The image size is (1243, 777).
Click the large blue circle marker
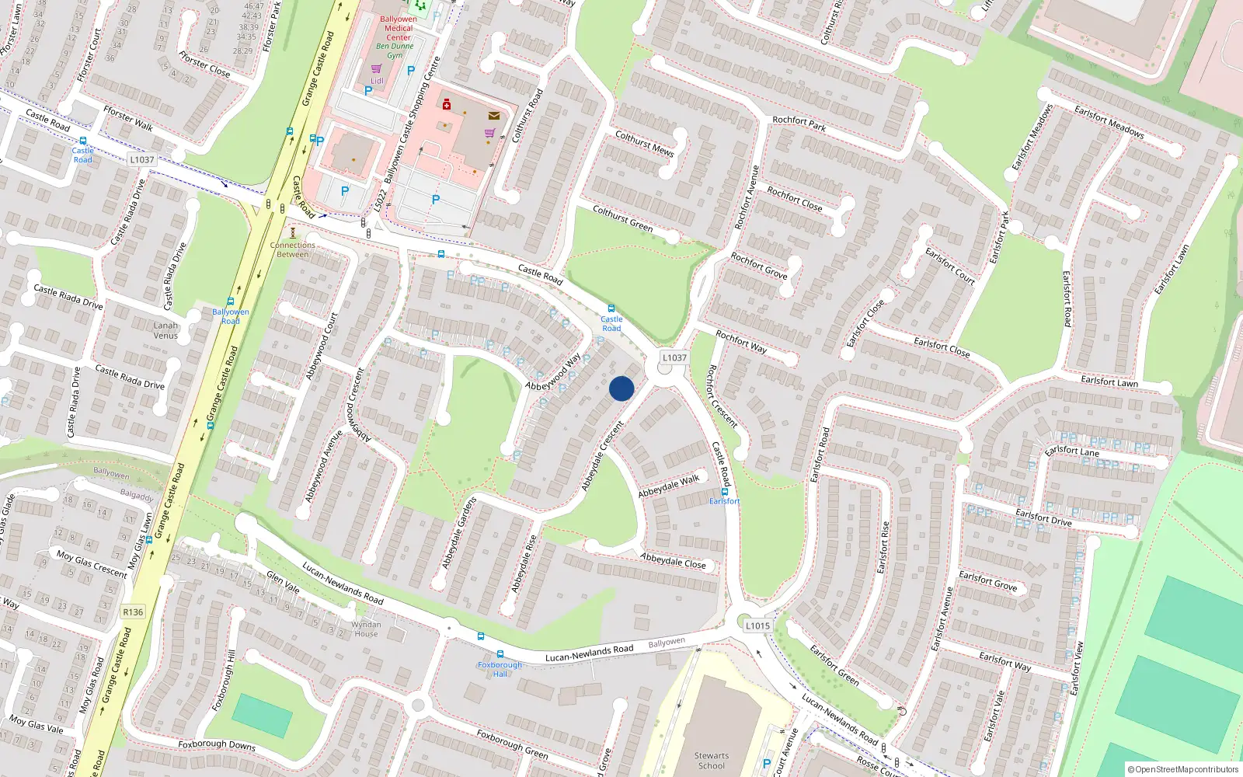coord(621,388)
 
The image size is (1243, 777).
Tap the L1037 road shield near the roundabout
coord(674,357)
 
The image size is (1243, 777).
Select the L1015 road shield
coord(757,625)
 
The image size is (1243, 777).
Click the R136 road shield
coord(133,611)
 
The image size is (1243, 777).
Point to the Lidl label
coord(377,81)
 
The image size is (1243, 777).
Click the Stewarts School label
coord(712,760)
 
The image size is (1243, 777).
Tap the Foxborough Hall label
coord(500,669)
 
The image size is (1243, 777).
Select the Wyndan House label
coord(366,629)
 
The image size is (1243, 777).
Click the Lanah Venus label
coord(165,330)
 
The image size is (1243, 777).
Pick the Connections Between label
coord(293,249)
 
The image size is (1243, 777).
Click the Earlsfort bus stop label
coord(724,501)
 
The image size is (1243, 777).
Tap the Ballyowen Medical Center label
coord(399,28)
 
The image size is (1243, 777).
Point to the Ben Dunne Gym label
coord(395,51)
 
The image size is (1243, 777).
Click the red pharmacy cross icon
coord(447,104)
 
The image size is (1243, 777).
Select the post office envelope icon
coord(494,116)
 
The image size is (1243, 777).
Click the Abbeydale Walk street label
coord(669,486)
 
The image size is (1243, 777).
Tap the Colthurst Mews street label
coord(644,143)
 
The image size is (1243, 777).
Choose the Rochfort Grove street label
coord(759,265)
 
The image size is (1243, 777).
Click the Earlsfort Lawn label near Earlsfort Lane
coord(1109,381)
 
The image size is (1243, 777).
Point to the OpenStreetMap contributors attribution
coord(1183,769)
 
